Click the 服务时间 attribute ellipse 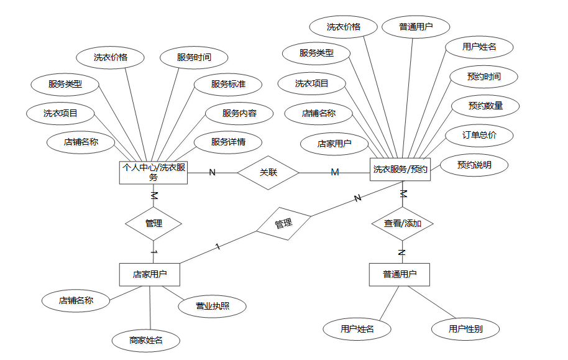click(194, 57)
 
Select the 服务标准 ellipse click(228, 84)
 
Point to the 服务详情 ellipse click(228, 142)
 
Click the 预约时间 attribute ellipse click(483, 76)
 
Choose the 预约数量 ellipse click(485, 106)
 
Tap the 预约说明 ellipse click(474, 165)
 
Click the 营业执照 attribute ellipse click(213, 306)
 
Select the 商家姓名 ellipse click(146, 340)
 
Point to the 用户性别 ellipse click(465, 329)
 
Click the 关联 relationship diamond click(268, 172)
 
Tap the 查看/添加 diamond click(402, 223)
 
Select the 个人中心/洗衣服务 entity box click(153, 172)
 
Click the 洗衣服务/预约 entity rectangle click(400, 169)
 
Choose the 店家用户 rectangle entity click(150, 274)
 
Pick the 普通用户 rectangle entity click(400, 274)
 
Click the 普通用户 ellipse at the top click(416, 27)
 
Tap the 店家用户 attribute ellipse click(334, 144)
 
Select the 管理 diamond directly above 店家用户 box click(153, 223)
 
